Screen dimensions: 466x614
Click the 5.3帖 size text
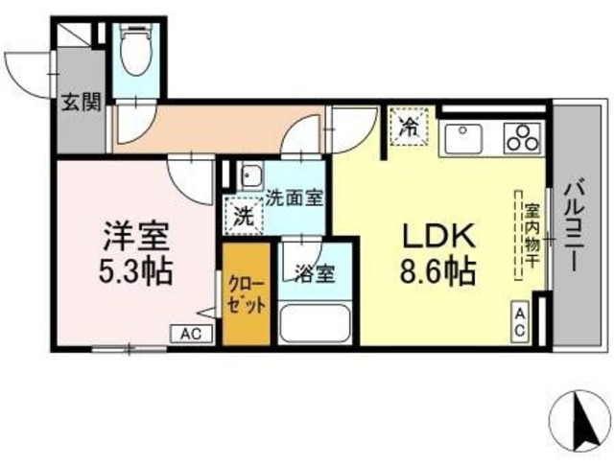[x=135, y=271]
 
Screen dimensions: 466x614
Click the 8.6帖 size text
[x=437, y=272]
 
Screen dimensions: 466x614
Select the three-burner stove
[x=524, y=138]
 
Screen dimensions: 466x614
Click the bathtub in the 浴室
[x=316, y=322]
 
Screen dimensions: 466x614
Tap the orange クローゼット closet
[x=247, y=295]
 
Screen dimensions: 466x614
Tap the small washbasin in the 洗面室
[x=250, y=176]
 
